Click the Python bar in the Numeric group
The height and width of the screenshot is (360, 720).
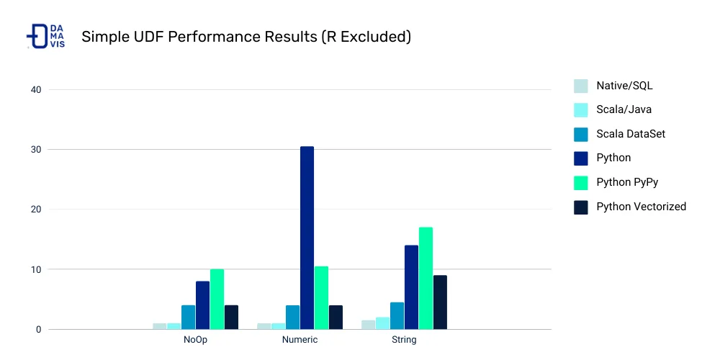(307, 238)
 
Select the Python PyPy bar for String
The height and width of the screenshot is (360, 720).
(426, 278)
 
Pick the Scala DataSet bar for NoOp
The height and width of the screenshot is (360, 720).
(188, 318)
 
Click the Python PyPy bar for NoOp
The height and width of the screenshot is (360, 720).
(217, 300)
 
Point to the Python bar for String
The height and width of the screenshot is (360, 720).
(411, 287)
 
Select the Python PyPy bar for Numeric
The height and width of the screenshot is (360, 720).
(321, 298)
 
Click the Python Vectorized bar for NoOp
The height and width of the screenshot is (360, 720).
(231, 318)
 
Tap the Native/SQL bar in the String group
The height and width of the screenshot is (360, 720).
(368, 325)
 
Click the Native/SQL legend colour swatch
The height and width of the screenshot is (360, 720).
(580, 86)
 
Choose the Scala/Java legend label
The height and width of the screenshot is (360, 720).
(624, 110)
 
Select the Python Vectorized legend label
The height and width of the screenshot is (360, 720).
(641, 207)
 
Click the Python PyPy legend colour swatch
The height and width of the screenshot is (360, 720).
(580, 182)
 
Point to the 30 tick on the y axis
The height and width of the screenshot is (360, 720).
(35, 150)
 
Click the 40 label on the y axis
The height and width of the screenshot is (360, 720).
(35, 90)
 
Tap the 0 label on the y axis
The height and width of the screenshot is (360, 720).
(38, 330)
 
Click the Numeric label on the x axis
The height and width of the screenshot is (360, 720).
(300, 340)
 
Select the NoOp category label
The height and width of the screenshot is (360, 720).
(195, 340)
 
